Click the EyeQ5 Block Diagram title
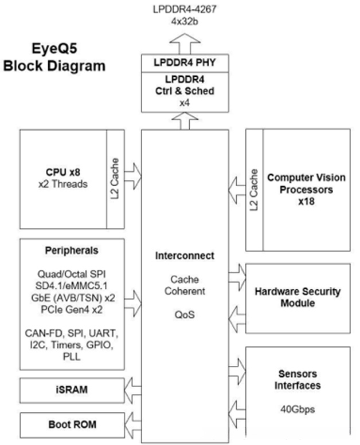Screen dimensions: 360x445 pos(54,57)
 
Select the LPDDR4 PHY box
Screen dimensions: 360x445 pos(185,63)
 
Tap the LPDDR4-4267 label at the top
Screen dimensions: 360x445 pos(185,9)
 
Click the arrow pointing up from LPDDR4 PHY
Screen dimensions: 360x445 pos(185,44)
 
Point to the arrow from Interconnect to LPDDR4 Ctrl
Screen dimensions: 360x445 pos(185,121)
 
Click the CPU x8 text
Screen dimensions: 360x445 pos(63,172)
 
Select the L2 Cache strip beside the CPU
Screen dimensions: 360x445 pos(115,179)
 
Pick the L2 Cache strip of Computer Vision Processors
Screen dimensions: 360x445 pos(255,190)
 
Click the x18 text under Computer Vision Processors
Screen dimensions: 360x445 pos(306,201)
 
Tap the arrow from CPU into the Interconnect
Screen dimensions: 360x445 pos(132,176)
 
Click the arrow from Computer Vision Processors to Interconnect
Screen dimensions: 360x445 pos(237,191)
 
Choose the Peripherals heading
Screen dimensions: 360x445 pos(72,250)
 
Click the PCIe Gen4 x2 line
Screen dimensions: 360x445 pos(72,309)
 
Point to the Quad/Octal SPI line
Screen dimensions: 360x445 pos(72,274)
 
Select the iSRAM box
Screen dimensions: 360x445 pos(72,390)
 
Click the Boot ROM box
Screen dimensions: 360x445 pos(72,425)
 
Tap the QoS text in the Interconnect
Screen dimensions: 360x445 pos(185,314)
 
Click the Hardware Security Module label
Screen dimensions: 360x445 pos(298,297)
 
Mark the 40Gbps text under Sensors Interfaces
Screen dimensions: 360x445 pos(298,409)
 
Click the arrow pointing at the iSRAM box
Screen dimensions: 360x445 pos(132,391)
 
